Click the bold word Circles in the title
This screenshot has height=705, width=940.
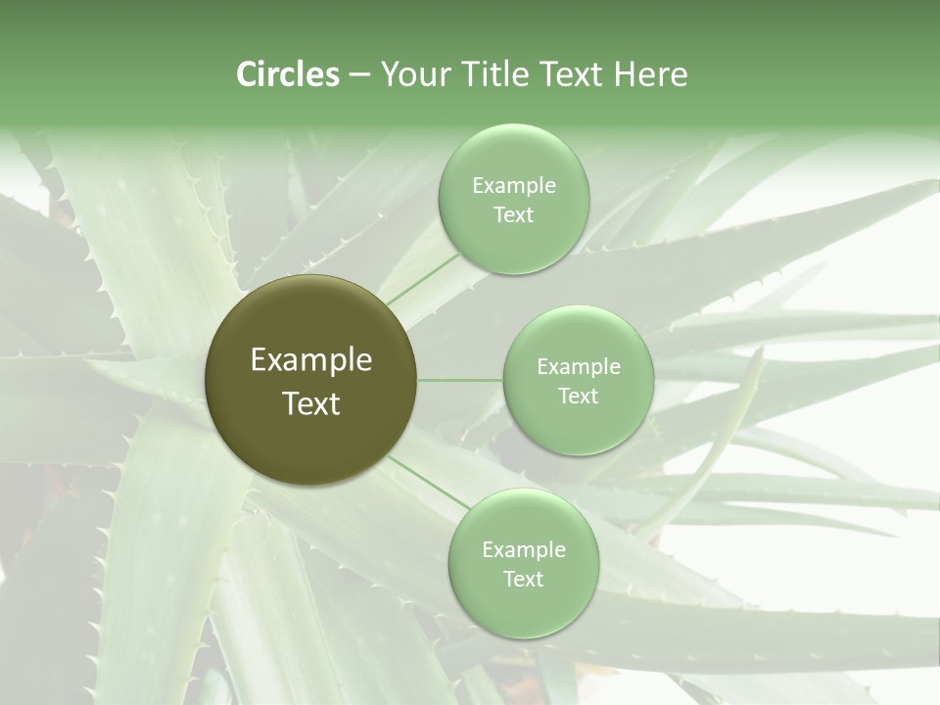[x=288, y=74]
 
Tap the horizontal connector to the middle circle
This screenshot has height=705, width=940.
[x=460, y=380]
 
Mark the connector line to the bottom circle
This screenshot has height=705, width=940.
[x=427, y=483]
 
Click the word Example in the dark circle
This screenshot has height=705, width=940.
[x=310, y=360]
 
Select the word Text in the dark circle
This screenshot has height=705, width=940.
[x=310, y=403]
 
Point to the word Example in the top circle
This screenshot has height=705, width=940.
[x=513, y=186]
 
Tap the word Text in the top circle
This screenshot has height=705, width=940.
[x=513, y=215]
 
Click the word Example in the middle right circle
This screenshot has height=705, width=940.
[x=579, y=367]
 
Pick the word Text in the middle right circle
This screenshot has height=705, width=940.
[x=579, y=397]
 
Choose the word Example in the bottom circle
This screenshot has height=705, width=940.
[x=523, y=550]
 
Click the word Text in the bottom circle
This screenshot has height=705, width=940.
[x=523, y=580]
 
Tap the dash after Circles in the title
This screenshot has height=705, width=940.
[x=359, y=75]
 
